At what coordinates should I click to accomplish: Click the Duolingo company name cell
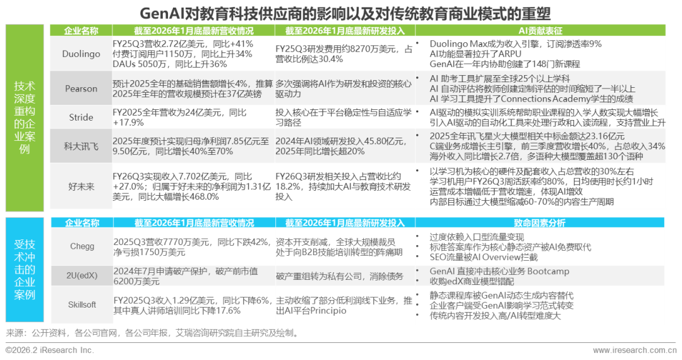[81, 54]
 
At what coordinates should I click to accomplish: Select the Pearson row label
[81, 89]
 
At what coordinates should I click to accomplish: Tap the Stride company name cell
[81, 117]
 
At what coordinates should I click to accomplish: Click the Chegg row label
[81, 246]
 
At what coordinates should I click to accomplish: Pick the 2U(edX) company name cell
[81, 276]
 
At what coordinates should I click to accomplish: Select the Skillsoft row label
[81, 304]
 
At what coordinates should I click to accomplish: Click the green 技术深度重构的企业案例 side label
[25, 117]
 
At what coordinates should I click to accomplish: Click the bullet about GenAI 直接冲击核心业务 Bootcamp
[499, 272]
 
